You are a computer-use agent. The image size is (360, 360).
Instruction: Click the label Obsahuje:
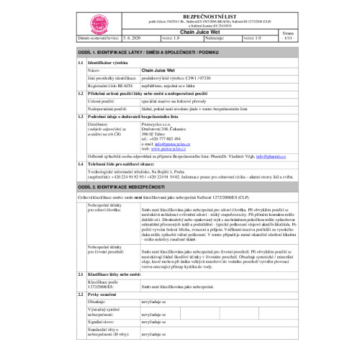(x=96, y=302)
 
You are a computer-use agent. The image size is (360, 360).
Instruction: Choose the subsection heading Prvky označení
(x=103, y=295)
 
